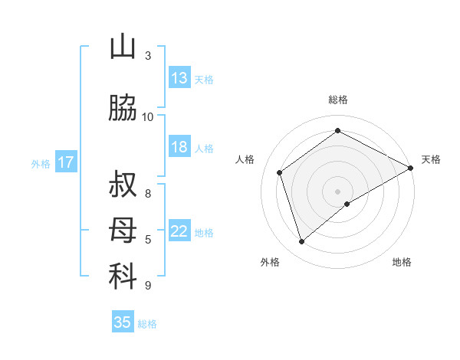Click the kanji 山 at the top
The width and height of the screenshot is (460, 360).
coord(123,47)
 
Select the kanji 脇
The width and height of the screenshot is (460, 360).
coord(123,109)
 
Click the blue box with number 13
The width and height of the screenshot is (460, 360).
coord(179,78)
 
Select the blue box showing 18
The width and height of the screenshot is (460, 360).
coord(179,147)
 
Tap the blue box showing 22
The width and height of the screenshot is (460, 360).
coord(179,231)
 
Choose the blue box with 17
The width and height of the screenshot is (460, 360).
coord(66,162)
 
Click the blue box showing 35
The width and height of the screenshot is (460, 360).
coord(123,322)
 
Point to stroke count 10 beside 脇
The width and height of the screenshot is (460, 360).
coord(148,116)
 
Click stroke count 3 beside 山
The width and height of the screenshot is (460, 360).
coord(148,55)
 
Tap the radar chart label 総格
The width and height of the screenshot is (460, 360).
coord(337,100)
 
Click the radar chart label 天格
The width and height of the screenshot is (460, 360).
coord(431,159)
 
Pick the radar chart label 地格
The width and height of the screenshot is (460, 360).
coord(402,262)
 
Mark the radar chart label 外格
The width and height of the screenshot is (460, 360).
coord(270,262)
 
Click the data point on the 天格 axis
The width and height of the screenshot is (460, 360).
coord(410,169)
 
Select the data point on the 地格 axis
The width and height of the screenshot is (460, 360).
coord(347,204)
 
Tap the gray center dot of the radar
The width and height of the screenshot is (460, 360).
coord(337,191)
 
